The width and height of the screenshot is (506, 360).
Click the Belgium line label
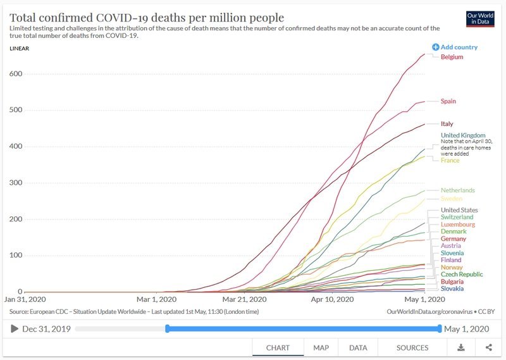click(x=452, y=57)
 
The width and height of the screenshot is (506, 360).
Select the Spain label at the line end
click(x=448, y=101)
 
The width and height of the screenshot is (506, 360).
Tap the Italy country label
click(x=447, y=124)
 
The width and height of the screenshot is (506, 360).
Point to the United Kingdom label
click(x=463, y=135)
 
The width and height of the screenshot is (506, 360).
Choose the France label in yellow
click(x=450, y=161)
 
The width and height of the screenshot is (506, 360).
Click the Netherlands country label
click(x=457, y=190)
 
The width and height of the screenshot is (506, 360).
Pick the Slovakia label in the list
click(x=452, y=289)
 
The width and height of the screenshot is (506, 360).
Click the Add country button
click(x=455, y=47)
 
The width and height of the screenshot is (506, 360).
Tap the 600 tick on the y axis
click(x=16, y=74)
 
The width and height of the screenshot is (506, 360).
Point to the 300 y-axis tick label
click(x=16, y=183)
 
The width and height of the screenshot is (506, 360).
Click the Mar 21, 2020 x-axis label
click(x=244, y=299)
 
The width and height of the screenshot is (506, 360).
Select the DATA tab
click(x=358, y=347)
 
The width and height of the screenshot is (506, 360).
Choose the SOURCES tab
click(x=412, y=347)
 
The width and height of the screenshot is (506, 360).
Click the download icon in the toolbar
click(x=461, y=347)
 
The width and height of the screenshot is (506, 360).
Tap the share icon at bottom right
click(x=489, y=347)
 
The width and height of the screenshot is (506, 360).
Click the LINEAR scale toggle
click(x=20, y=49)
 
